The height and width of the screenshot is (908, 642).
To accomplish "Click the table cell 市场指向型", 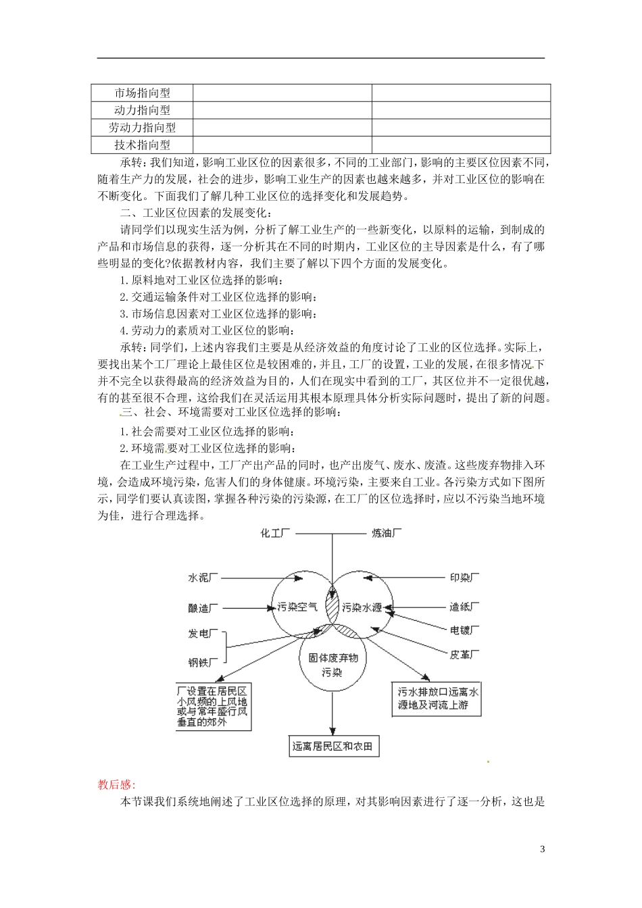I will coord(143,93).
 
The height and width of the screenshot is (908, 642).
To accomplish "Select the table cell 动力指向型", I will coord(143,110).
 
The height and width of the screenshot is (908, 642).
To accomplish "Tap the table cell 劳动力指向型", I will coord(143,128).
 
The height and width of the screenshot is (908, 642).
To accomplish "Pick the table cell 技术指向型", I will coord(143,145).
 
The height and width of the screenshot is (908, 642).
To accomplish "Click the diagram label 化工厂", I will coord(276,533).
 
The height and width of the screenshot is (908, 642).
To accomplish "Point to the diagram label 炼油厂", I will coord(387,533).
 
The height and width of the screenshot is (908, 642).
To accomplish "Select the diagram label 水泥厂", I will coord(203,578).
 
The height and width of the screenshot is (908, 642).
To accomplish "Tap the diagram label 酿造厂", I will coord(203,608).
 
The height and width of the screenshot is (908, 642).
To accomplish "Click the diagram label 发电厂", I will coord(203,634).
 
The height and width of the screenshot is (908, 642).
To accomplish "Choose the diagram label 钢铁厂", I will coord(203,663).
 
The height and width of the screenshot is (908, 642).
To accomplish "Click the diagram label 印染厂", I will coord(465,578).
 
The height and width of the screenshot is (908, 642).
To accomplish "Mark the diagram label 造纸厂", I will coord(465,607).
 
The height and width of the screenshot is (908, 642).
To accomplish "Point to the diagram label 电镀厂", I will coord(465,630).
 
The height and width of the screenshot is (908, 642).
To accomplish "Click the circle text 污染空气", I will coord(297,607).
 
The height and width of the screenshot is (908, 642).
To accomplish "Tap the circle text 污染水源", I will coord(362,607).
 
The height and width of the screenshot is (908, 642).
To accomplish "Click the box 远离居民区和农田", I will coord(332,746).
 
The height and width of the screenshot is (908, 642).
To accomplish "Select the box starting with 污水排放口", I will coord(439,699).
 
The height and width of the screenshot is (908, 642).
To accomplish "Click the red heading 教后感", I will coord(116,784).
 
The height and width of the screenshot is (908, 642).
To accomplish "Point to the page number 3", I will coord(543,849).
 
